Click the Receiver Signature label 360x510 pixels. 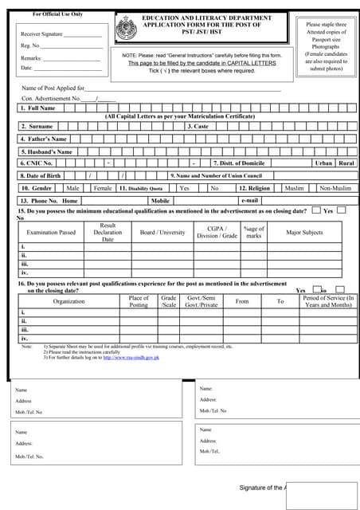click(x=42, y=35)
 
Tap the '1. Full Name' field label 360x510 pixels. click(x=38, y=108)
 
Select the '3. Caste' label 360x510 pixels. click(x=198, y=126)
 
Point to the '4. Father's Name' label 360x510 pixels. click(x=43, y=139)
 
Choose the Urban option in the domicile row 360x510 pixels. click(x=323, y=163)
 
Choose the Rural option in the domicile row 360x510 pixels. click(x=346, y=163)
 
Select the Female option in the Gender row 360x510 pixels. click(x=103, y=188)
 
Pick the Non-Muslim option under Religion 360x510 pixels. click(x=335, y=188)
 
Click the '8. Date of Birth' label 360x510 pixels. click(x=41, y=175)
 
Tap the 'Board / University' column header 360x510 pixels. click(x=162, y=233)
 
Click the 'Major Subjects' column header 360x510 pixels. click(x=304, y=233)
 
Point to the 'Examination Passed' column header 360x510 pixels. click(x=51, y=233)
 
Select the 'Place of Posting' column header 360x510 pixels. click(x=139, y=301)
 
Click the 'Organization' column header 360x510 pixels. click(x=68, y=301)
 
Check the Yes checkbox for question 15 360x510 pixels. click(x=341, y=210)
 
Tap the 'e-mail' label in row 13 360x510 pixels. click(x=249, y=201)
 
